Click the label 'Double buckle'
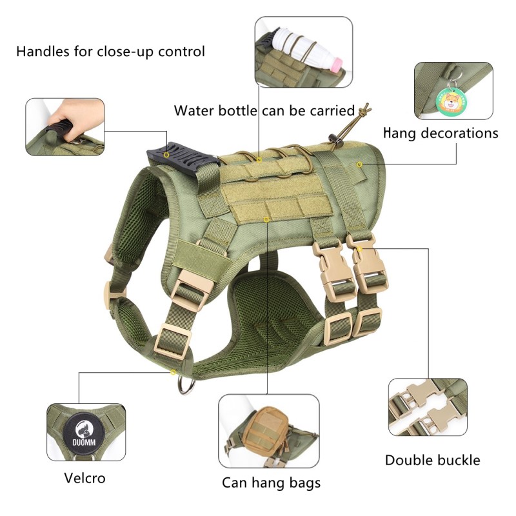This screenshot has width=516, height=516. pos(432,460)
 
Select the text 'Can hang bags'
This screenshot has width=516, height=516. pos(271,482)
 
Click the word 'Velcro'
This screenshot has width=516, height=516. pos(84,478)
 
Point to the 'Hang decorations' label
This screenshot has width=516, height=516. pos(441,133)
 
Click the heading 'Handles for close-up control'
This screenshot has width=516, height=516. pos(110,51)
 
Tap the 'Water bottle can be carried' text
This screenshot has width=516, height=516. pos(264,110)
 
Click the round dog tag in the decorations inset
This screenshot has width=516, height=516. pos(450,103)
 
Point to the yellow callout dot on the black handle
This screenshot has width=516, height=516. pos(167,155)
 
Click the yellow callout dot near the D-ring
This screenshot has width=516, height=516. pos(174,372)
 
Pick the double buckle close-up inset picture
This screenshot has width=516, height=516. pos(428,408)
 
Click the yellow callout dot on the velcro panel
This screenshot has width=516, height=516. pos(267,220)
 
